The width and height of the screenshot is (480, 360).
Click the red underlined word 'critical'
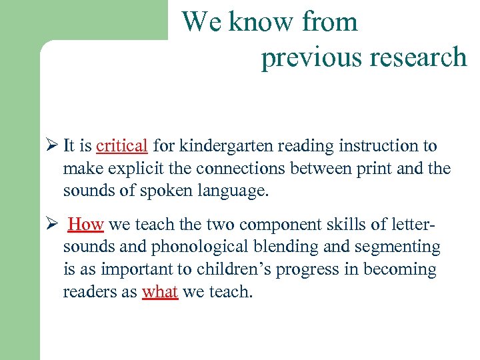[x=121, y=146]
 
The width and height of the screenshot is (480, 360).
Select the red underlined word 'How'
[x=86, y=225]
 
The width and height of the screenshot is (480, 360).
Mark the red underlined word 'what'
[x=160, y=293]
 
